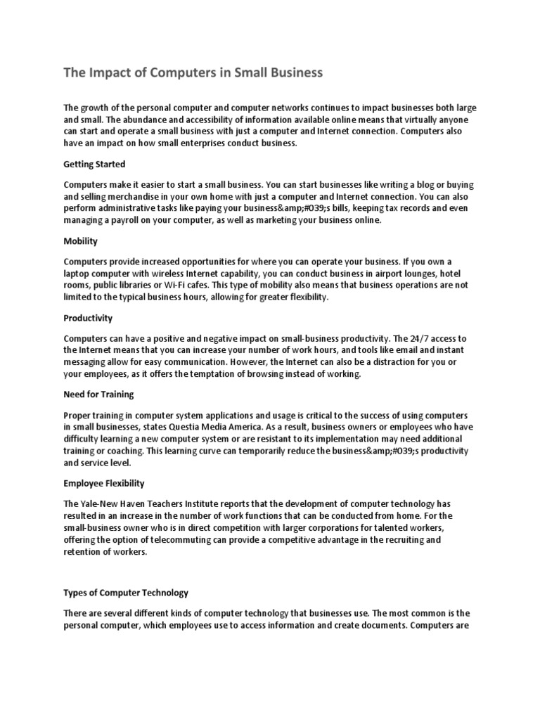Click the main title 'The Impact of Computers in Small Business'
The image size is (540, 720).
point(193,72)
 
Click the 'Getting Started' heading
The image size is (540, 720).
point(94,165)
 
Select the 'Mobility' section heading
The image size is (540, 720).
point(80,241)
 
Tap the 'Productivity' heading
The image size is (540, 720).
point(88,318)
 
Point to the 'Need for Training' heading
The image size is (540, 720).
point(98,394)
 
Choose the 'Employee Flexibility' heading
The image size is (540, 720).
point(104,483)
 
